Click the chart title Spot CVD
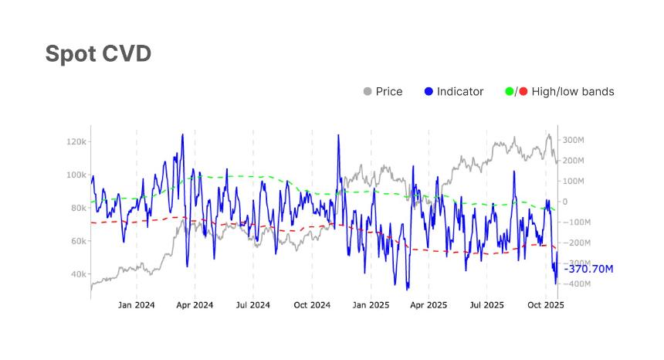(97, 54)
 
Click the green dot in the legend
(509, 92)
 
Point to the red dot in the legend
(523, 92)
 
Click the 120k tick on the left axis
(76, 142)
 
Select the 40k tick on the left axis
(78, 274)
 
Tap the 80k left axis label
(78, 209)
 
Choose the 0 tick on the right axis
(564, 202)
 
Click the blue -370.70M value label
(588, 269)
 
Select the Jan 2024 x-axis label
(137, 304)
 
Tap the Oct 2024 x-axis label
(312, 304)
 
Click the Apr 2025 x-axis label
(429, 304)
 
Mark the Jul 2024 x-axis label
(252, 304)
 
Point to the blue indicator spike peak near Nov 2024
(338, 136)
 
